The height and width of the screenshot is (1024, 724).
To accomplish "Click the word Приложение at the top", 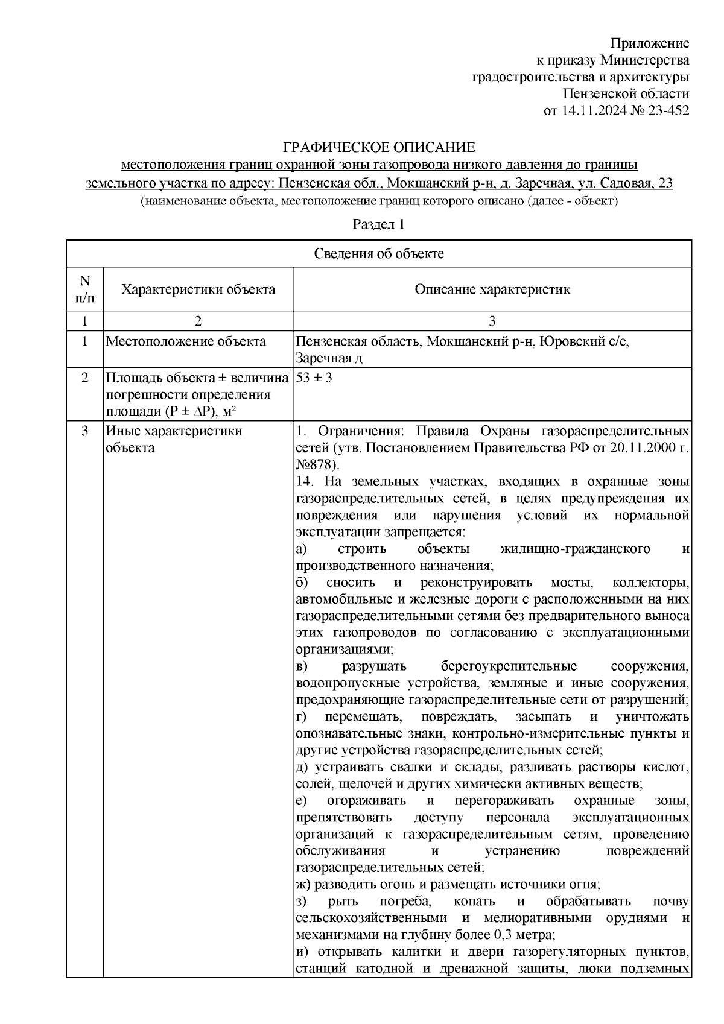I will (x=649, y=43).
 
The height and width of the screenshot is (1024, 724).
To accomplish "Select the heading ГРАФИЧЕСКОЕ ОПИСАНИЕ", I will (x=379, y=148).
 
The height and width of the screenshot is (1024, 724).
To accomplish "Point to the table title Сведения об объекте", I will (x=379, y=254).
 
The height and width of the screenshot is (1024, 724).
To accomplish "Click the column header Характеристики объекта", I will (x=198, y=289).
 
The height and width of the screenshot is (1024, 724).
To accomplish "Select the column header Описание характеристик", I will (x=492, y=289).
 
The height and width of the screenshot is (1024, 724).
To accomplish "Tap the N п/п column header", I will (x=84, y=289).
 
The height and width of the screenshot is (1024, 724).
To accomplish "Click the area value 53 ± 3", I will (x=314, y=378).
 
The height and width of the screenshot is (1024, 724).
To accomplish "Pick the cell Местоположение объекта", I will (x=186, y=341).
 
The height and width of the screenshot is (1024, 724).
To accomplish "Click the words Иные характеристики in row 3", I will (x=174, y=431).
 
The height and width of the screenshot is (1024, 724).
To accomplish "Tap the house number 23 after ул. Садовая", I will (x=665, y=183).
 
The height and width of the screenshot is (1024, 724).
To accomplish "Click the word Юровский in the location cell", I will (x=568, y=341).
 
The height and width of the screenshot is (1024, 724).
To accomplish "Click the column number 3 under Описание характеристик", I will (x=492, y=321).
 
